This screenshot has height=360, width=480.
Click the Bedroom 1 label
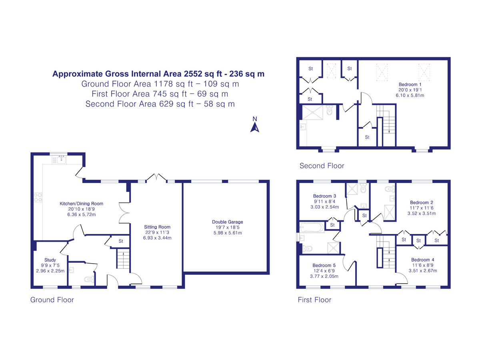click(410, 84)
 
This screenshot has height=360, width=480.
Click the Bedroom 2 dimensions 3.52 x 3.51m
click(422, 214)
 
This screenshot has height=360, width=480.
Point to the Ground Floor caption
click(52, 300)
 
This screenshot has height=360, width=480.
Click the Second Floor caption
click(322, 166)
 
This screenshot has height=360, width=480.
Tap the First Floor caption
click(314, 300)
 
